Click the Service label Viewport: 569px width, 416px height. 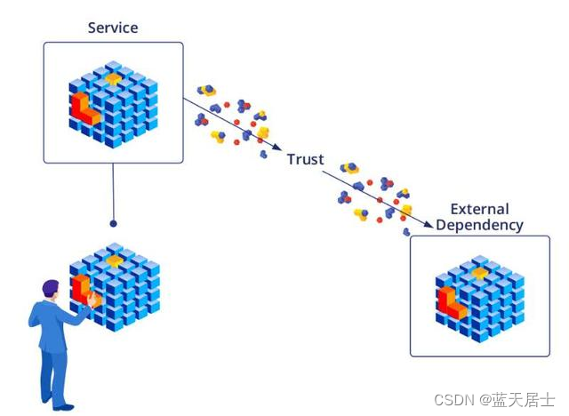(x=113, y=28)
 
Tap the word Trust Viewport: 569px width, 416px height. (x=305, y=159)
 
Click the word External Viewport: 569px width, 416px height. (x=479, y=210)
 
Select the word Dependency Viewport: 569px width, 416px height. (x=479, y=226)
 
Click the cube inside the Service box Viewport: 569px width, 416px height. (x=114, y=103)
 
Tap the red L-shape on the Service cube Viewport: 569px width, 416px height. (x=84, y=108)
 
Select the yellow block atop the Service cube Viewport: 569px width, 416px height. (x=113, y=78)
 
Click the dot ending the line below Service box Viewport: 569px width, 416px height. (x=113, y=223)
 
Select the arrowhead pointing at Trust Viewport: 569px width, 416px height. (x=276, y=148)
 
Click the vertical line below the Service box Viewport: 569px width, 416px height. (x=113, y=191)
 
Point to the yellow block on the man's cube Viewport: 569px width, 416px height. (x=114, y=260)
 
